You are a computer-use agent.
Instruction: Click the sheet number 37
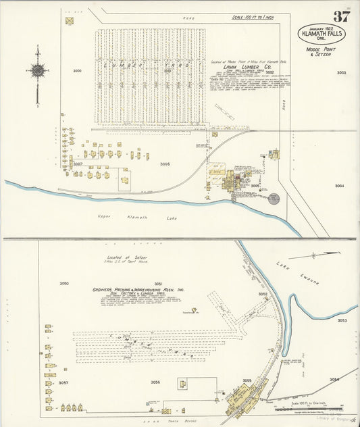pos(341,16)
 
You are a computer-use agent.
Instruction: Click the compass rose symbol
pos(38,70)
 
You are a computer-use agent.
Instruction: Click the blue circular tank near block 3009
pos(274,198)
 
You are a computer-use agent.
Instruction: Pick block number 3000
pos(77,71)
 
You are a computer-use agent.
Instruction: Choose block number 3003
pos(341,73)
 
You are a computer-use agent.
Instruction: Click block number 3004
pos(339,186)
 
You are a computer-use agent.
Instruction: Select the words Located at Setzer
pos(126,257)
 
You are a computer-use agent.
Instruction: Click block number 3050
pos(64,283)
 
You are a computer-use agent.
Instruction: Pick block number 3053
pos(342,320)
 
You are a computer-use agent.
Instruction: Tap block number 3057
pos(63,382)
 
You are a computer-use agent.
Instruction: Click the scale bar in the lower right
pos(323,408)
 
